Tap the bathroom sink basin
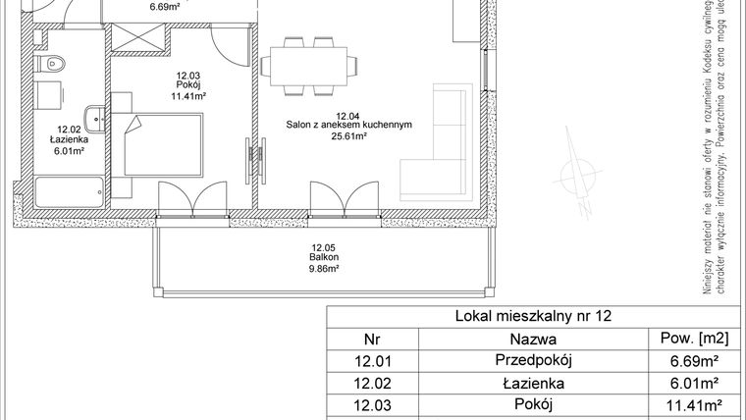(94, 119)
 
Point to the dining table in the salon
(307, 67)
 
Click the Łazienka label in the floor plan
(68, 140)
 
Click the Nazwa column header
(533, 339)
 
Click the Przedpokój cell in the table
(533, 361)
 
